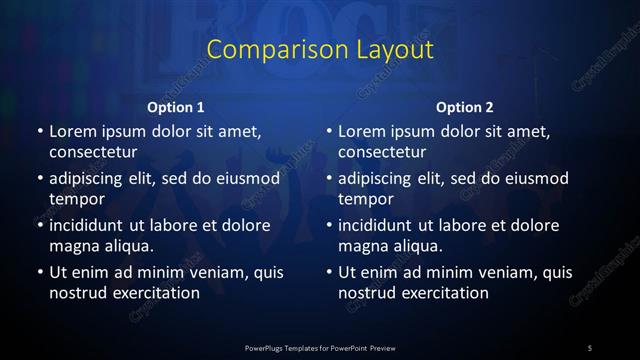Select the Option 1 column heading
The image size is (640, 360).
click(176, 106)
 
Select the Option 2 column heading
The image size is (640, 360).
click(465, 106)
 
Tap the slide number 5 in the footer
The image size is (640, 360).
click(590, 347)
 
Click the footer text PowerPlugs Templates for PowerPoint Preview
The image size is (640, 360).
click(319, 347)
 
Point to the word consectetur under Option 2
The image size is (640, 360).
click(383, 152)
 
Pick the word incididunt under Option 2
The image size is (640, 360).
click(380, 225)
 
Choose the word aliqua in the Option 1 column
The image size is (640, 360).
click(127, 246)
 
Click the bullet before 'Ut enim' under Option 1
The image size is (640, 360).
click(39, 272)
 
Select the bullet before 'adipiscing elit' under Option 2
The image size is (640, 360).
click(329, 179)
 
